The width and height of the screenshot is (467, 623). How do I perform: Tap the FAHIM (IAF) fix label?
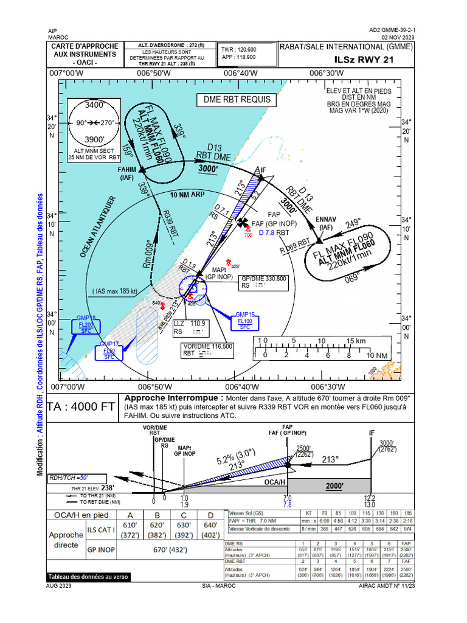[x=126, y=174]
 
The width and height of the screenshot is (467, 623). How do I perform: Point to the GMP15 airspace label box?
[x=245, y=320]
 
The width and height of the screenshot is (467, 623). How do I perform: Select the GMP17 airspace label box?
[x=109, y=351]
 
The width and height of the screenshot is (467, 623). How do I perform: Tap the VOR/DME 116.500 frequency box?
[x=208, y=349]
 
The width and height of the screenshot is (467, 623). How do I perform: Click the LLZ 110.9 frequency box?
[x=190, y=328]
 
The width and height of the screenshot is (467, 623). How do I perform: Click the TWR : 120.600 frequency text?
[x=238, y=49]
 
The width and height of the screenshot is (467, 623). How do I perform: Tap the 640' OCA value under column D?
[x=210, y=525]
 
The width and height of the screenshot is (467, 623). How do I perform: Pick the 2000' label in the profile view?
[x=334, y=486]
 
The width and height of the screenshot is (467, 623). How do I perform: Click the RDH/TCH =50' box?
[x=77, y=478]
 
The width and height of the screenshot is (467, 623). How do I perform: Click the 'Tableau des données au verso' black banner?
[x=88, y=577]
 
